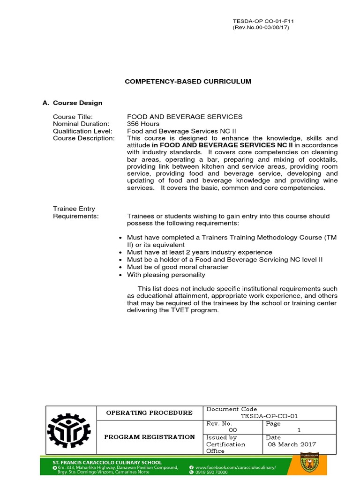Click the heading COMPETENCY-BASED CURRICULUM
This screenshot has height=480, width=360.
pyautogui.click(x=187, y=81)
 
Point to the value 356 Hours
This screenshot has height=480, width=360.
pyautogui.click(x=143, y=124)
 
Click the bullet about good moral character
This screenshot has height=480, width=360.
pyautogui.click(x=178, y=267)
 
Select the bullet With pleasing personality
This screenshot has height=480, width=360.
pyautogui.click(x=166, y=274)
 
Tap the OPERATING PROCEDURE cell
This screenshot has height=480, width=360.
pyautogui.click(x=149, y=412)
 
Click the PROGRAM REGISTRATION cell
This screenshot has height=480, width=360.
pyautogui.click(x=149, y=437)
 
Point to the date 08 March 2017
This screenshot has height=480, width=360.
pyautogui.click(x=292, y=444)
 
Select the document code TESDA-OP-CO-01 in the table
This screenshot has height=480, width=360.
pyautogui.click(x=269, y=416)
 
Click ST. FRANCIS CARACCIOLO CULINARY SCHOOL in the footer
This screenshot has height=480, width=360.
pyautogui.click(x=108, y=462)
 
